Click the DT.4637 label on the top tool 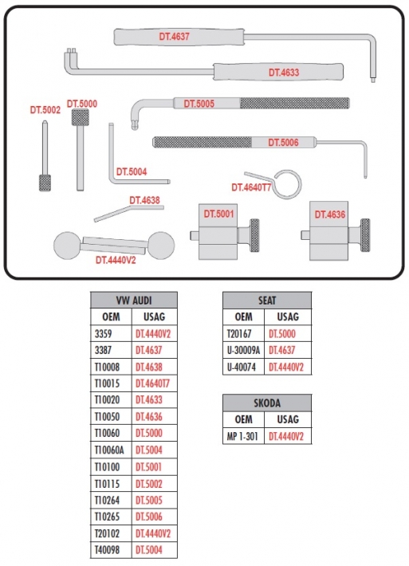click(x=174, y=37)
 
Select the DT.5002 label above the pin click(x=45, y=110)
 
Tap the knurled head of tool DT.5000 click(x=81, y=117)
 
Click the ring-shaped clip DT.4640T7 click(x=287, y=184)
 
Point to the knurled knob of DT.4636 click(x=365, y=235)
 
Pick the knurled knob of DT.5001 click(x=254, y=235)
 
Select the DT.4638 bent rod click(x=129, y=214)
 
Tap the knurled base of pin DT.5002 click(x=45, y=183)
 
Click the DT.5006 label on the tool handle click(x=283, y=143)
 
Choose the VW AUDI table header click(x=134, y=301)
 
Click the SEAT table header click(x=267, y=301)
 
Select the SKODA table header click(x=267, y=403)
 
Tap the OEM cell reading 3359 click(x=103, y=334)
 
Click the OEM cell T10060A click(x=109, y=450)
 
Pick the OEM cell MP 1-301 click(x=242, y=436)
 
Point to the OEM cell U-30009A click(x=243, y=350)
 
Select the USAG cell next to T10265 click(x=149, y=517)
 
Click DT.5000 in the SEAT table click(x=282, y=334)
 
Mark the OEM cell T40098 click(x=107, y=550)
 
